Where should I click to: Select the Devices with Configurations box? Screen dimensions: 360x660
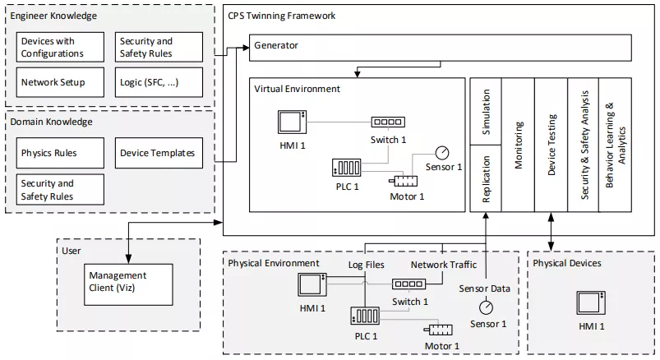[61, 48]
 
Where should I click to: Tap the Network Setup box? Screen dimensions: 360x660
[61, 83]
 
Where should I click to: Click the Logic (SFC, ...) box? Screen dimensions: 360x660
[159, 83]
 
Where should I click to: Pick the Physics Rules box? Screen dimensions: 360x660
[61, 153]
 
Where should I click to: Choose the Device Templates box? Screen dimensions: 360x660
[159, 153]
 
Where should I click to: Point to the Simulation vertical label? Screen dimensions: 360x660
[485, 112]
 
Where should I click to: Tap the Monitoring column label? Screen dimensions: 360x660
[519, 145]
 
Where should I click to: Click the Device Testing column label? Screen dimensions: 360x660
[552, 145]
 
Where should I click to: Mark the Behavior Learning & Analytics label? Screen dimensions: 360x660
[616, 145]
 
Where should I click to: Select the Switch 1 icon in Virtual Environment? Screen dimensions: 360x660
[387, 121]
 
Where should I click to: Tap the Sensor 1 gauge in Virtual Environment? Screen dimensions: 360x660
[443, 153]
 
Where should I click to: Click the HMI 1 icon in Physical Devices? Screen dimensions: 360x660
[590, 302]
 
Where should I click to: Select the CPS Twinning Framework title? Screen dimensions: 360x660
[281, 16]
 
